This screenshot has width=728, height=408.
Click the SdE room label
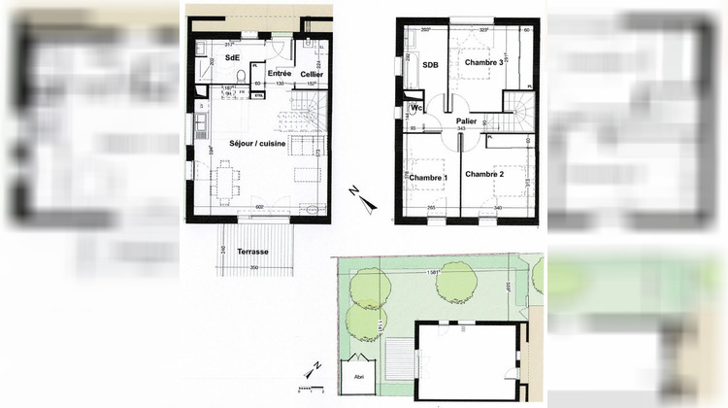click(233, 56)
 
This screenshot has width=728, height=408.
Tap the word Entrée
click(280, 74)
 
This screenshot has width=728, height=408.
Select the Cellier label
click(312, 75)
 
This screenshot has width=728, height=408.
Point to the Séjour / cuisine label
click(256, 142)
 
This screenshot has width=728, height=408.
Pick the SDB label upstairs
click(431, 65)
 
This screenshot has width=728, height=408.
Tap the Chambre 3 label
click(484, 63)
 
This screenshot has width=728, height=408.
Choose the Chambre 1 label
click(428, 178)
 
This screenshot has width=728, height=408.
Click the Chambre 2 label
click(484, 174)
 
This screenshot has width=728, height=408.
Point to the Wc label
click(415, 107)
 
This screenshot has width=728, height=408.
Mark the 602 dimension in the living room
click(259, 206)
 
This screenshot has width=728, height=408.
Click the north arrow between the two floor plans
click(360, 200)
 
